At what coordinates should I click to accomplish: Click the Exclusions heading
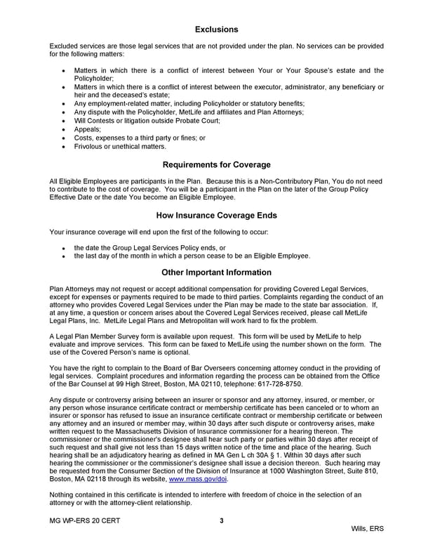[x=216, y=29]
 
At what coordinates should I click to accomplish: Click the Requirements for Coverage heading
[x=216, y=165]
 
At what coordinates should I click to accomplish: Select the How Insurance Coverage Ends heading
[x=216, y=216]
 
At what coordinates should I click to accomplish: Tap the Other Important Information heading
[x=216, y=272]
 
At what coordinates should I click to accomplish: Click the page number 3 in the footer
[x=221, y=520]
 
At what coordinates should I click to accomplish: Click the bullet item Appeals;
[x=88, y=129]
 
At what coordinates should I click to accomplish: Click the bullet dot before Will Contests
[x=65, y=121]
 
